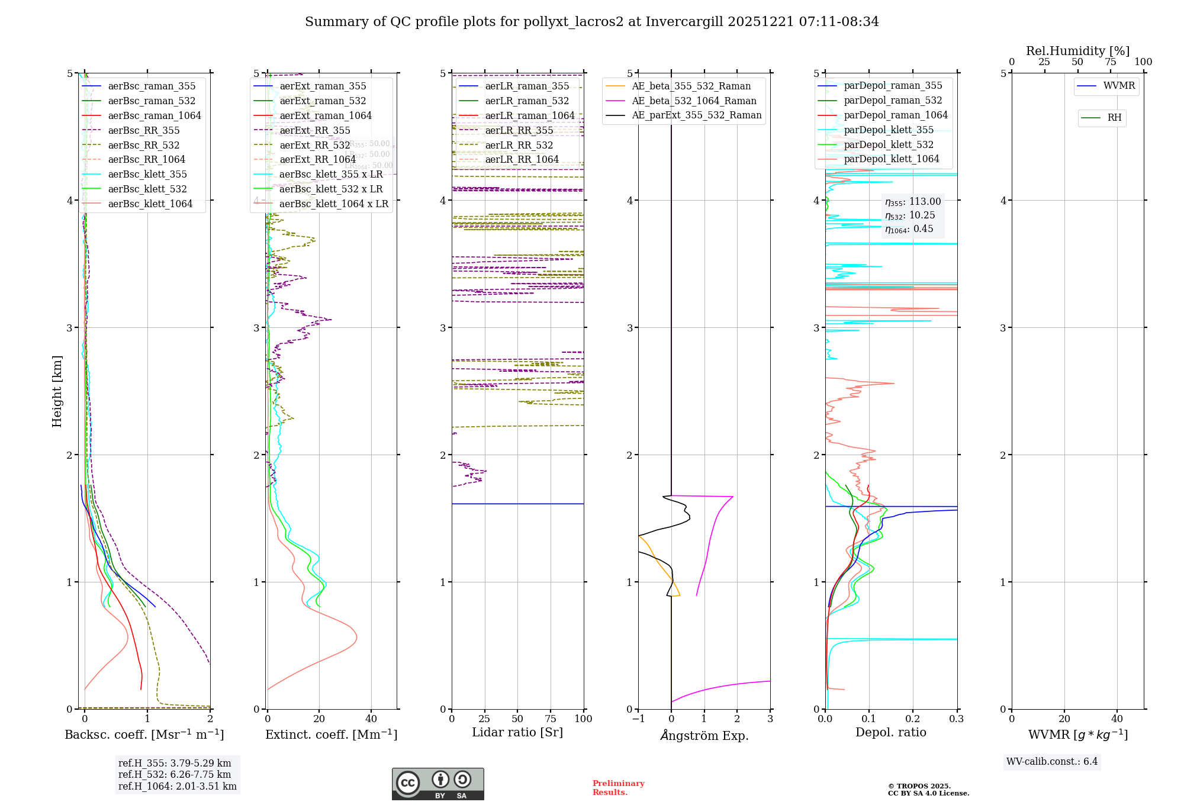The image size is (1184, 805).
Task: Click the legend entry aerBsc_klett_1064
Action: tap(150, 204)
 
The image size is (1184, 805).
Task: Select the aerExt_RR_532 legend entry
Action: tap(314, 145)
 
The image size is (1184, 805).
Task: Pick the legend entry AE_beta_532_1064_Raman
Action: tap(694, 101)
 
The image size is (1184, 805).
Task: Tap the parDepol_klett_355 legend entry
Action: tap(889, 130)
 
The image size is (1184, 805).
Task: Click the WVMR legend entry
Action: tap(1119, 86)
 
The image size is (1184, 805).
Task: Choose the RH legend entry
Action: tap(1114, 118)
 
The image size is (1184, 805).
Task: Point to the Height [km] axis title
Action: tap(57, 391)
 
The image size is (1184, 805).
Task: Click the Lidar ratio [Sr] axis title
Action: tap(517, 732)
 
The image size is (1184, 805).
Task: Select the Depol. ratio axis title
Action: tap(890, 732)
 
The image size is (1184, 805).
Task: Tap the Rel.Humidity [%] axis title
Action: tap(1077, 51)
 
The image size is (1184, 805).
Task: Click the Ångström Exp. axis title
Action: tap(704, 735)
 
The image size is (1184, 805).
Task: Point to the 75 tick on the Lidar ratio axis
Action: tap(551, 719)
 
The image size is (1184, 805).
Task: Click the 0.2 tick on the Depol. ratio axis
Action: tap(913, 719)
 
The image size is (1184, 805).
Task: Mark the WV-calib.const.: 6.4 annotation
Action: tap(1051, 761)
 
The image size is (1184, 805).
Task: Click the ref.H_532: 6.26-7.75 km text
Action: tap(175, 774)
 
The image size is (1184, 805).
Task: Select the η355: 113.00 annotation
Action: tap(913, 202)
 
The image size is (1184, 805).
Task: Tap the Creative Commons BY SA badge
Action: tap(437, 784)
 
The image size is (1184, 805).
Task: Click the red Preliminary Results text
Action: tap(618, 788)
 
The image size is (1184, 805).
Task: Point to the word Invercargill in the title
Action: tap(684, 22)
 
